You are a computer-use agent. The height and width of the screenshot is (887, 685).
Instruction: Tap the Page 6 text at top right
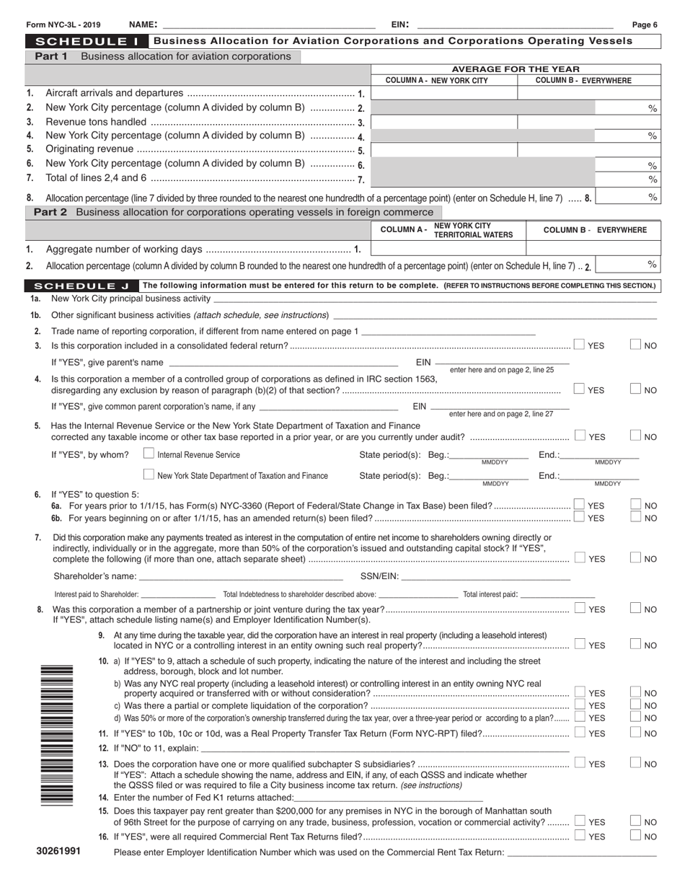pos(645,25)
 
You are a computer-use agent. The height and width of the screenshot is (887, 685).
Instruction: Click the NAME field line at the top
pos(268,25)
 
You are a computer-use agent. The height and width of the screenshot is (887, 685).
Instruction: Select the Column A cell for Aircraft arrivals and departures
pos(443,93)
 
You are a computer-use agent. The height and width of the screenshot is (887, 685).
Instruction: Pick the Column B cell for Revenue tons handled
pos(589,122)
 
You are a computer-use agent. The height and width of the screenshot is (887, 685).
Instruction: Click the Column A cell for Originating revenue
pos(443,150)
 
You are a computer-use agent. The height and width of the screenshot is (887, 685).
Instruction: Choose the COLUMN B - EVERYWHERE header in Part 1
pos(584,80)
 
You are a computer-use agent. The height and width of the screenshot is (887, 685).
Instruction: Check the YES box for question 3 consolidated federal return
pos(579,345)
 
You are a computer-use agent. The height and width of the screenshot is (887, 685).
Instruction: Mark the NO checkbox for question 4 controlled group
pos(636,389)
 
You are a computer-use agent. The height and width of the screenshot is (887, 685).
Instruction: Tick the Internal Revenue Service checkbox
pos(149,454)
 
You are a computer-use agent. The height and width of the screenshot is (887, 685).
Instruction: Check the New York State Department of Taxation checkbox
pos(149,475)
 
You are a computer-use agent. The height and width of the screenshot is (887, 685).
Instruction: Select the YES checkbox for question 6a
pos(579,505)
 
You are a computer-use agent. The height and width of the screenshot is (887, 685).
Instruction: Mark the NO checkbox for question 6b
pos(636,517)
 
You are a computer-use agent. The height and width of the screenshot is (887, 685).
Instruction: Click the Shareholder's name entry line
pos(241,577)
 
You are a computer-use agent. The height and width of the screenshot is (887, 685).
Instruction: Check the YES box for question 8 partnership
pos(579,609)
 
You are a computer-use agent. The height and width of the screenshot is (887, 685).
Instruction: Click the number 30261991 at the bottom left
pos(58,852)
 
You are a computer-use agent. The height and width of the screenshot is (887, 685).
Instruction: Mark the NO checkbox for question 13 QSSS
pos(636,763)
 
